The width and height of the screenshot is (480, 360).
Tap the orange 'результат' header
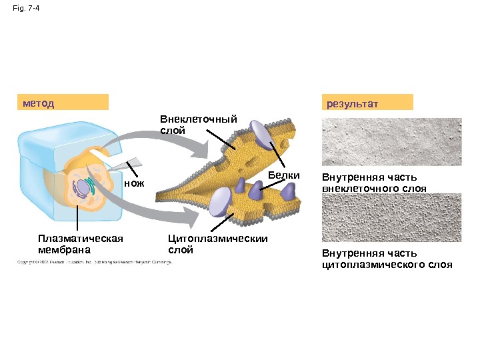367,103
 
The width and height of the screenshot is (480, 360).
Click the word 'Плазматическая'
81,238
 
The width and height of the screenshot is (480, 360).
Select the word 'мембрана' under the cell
64,250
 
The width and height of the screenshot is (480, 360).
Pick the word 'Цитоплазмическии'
217,238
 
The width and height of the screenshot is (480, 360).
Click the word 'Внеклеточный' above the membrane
198,119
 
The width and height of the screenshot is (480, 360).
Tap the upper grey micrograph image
391,141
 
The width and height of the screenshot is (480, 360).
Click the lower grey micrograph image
391,217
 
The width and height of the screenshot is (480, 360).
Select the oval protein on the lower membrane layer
220,201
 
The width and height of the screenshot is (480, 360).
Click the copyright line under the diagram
93,262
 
